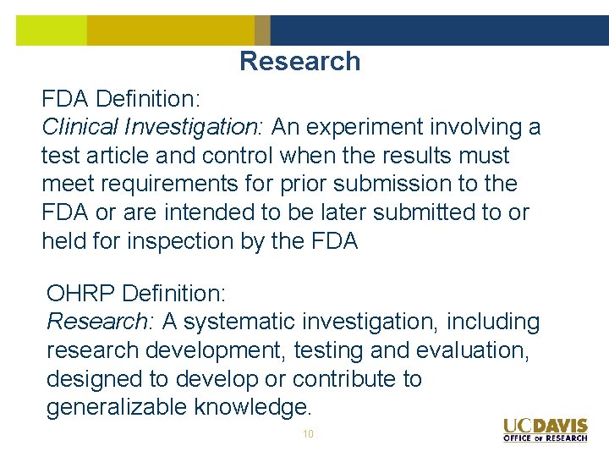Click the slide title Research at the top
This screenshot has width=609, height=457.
point(299,61)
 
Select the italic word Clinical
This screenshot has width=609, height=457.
point(80,127)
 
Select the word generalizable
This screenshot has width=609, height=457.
point(118,407)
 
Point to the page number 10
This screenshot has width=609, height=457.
point(308,433)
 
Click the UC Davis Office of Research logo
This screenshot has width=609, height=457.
point(545,429)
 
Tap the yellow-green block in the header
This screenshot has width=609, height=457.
point(51,30)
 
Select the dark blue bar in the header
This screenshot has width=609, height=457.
point(439,30)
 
